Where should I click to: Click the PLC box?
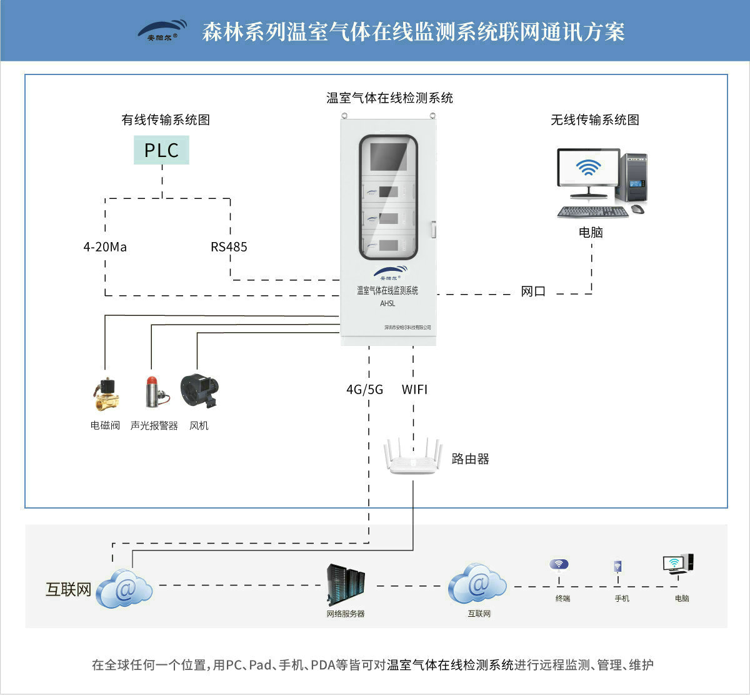161,150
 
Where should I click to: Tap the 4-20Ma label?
105,247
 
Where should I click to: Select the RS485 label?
229,247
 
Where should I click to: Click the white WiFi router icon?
412,457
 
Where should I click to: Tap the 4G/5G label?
365,390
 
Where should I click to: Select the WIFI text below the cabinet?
414,390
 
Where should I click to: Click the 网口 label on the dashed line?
533,292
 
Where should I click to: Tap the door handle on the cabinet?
432,229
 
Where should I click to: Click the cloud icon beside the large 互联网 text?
125,589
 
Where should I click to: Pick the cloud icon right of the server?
478,584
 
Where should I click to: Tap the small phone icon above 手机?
617,567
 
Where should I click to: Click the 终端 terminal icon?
559,565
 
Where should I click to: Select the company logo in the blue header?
162,30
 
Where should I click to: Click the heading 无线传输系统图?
595,120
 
